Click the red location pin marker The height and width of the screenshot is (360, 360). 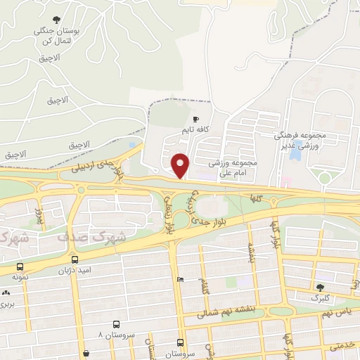point(181,165)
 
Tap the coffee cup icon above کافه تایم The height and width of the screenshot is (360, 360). point(195,119)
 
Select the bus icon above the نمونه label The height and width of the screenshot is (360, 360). point(20,267)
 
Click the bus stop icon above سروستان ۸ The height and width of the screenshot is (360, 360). point(115,325)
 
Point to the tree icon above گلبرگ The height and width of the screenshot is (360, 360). point(320,287)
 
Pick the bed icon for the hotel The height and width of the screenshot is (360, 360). point(181,280)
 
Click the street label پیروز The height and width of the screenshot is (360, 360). point(40,215)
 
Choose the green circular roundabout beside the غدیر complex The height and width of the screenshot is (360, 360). point(325,178)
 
